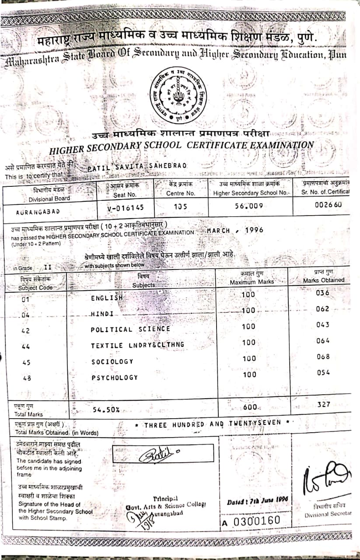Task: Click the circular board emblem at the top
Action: [x=178, y=95]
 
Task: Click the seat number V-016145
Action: [x=125, y=208]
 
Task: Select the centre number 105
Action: [x=181, y=207]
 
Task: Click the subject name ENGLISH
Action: [x=107, y=297]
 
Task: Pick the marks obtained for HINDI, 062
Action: [x=322, y=309]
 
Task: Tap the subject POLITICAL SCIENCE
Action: [x=130, y=329]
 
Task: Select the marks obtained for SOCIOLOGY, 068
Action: [x=323, y=357]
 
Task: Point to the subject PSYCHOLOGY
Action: [x=115, y=377]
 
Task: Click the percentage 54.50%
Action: [x=106, y=409]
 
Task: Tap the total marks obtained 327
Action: [x=324, y=405]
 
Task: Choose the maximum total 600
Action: [x=250, y=407]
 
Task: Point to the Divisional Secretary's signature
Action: [x=325, y=477]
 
